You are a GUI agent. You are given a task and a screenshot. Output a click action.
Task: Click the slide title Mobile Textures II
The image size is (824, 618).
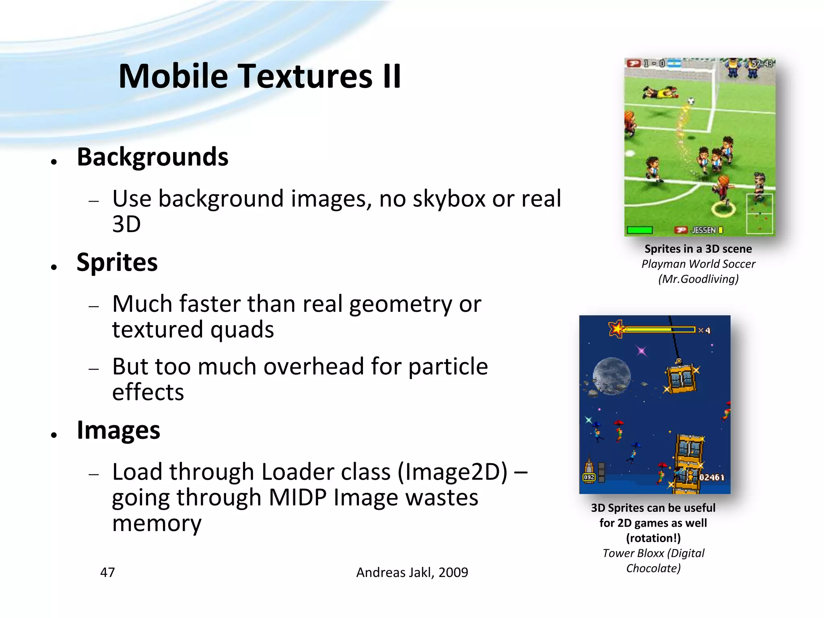[260, 76]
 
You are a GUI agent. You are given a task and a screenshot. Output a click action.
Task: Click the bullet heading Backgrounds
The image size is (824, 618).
[152, 157]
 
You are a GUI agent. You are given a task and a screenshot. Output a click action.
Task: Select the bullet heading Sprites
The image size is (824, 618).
[117, 262]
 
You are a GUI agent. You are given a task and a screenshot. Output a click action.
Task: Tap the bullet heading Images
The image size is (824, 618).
[118, 430]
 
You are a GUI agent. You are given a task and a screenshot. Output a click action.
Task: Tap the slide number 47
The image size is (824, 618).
[107, 572]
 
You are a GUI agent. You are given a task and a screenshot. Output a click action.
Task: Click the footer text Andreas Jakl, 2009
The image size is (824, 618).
[412, 572]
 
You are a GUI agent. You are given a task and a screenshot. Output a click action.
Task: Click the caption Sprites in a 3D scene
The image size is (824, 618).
[698, 249]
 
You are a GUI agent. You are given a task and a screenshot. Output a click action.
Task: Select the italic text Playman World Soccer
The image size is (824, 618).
[698, 264]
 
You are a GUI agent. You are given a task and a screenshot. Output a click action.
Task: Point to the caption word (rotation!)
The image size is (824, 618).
[653, 538]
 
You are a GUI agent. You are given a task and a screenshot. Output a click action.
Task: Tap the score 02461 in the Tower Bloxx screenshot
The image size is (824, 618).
[712, 477]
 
